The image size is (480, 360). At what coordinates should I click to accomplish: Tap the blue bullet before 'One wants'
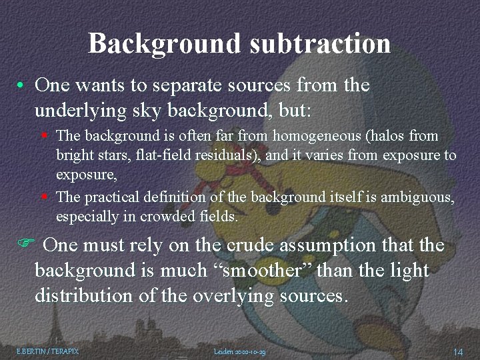click(x=22, y=87)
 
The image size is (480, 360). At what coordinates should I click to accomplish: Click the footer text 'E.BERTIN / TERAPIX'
click(x=47, y=351)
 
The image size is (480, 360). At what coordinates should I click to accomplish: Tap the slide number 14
click(x=458, y=351)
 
